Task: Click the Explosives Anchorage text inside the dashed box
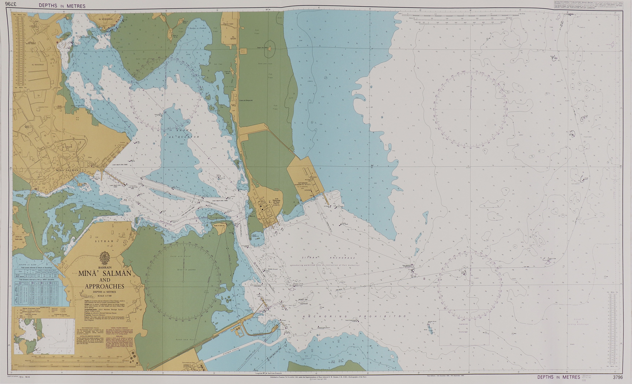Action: pyautogui.click(x=463, y=328)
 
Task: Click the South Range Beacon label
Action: pyautogui.click(x=324, y=327)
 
